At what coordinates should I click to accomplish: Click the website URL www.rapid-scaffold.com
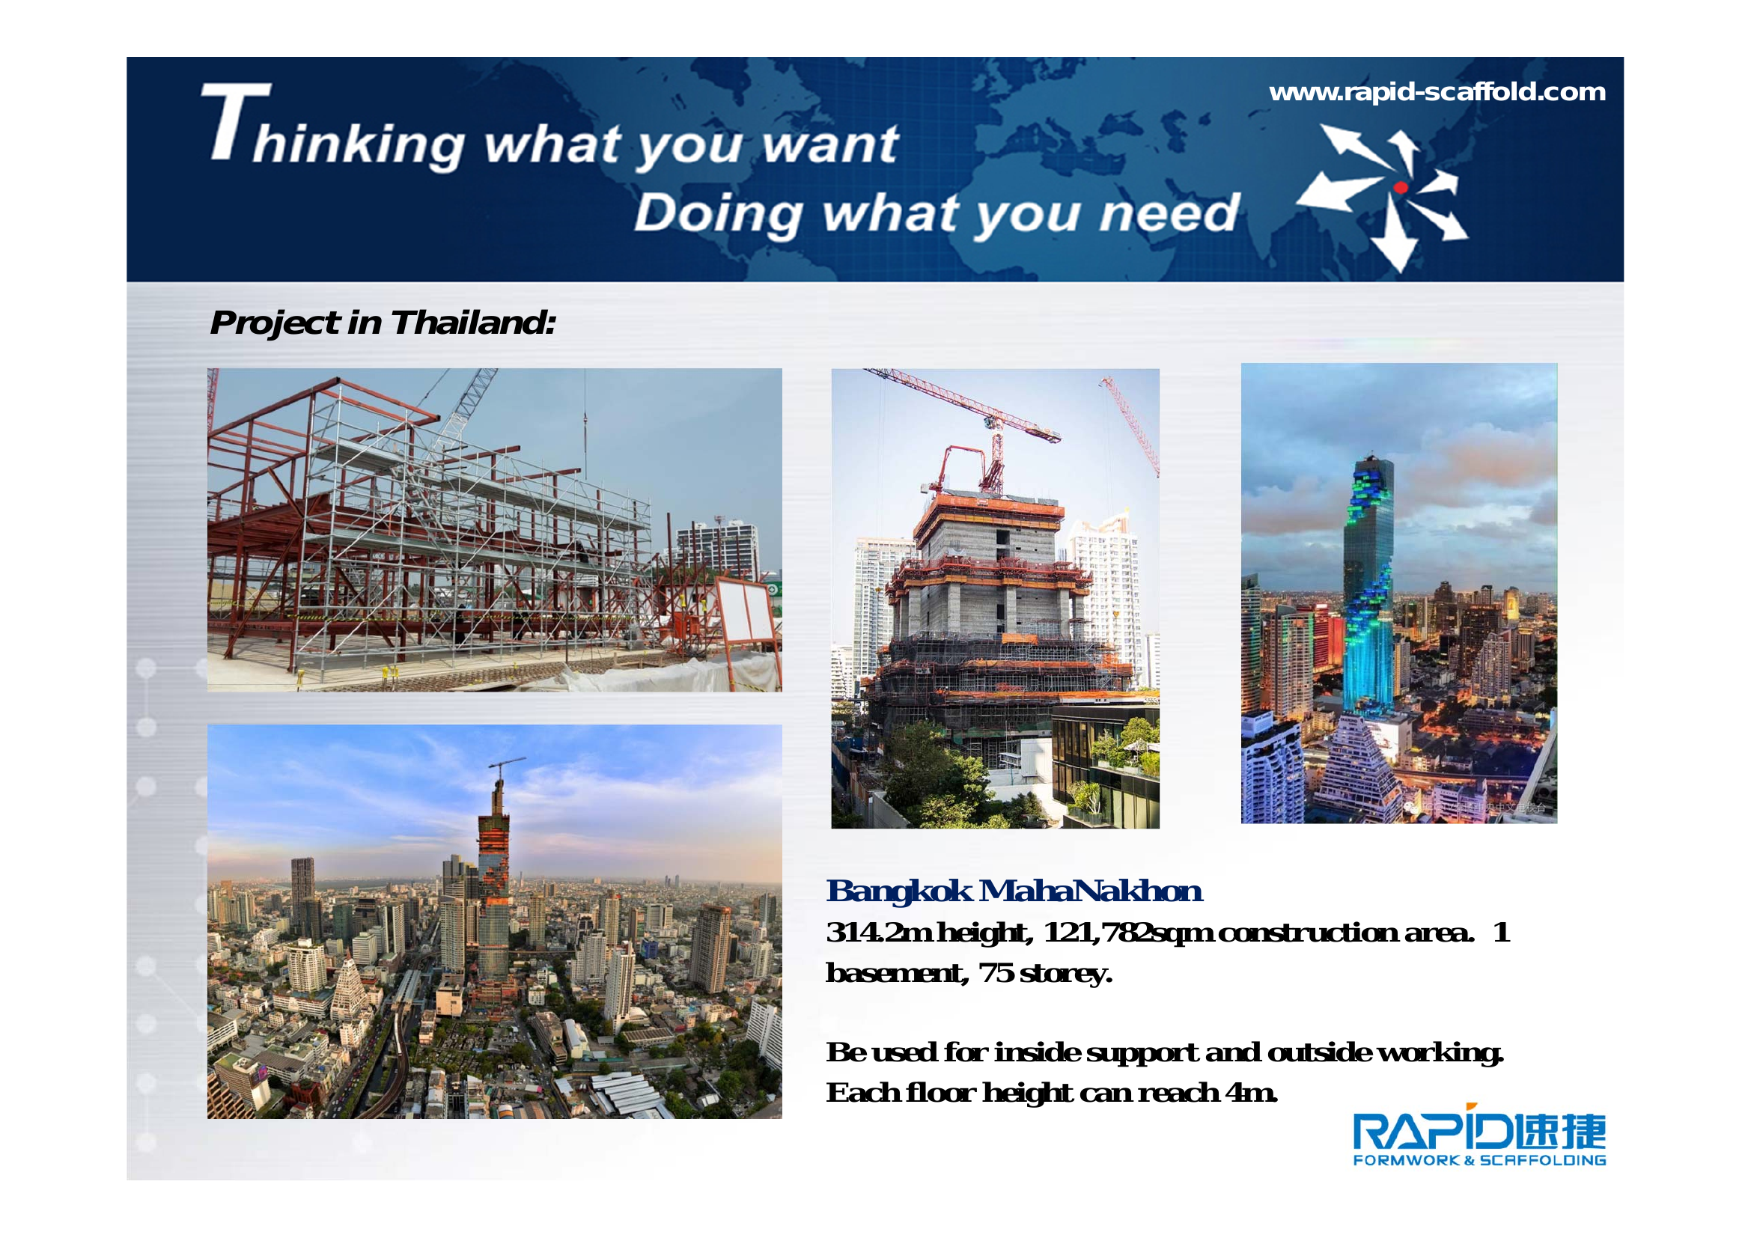pyautogui.click(x=1437, y=92)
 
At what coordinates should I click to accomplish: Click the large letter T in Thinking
pyautogui.click(x=236, y=121)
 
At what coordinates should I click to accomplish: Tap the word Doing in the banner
pyautogui.click(x=718, y=213)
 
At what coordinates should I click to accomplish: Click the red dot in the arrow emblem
pyautogui.click(x=1400, y=188)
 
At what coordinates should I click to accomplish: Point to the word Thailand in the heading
pyautogui.click(x=473, y=323)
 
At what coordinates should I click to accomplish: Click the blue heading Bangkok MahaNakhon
pyautogui.click(x=1014, y=891)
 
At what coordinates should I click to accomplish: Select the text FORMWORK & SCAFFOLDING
pyautogui.click(x=1479, y=1160)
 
